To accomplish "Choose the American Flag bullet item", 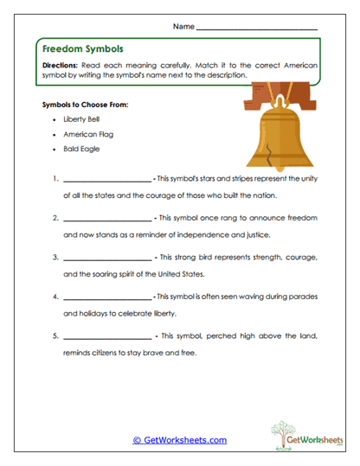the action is coord(87,136).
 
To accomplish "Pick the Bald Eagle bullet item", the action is coord(81,149).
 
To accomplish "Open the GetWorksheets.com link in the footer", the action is coord(179,440).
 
